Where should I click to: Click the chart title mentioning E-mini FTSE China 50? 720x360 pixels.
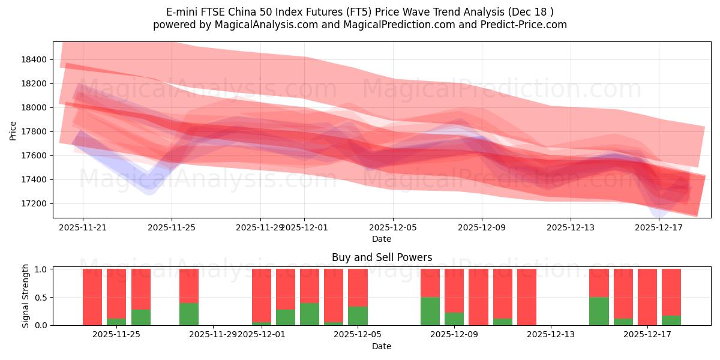pyautogui.click(x=360, y=12)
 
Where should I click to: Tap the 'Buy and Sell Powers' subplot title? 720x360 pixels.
pyautogui.click(x=382, y=257)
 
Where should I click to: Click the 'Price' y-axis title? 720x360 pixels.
pyautogui.click(x=13, y=130)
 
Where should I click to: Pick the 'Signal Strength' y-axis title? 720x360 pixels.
pyautogui.click(x=26, y=296)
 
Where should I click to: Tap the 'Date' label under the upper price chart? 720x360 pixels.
pyautogui.click(x=382, y=239)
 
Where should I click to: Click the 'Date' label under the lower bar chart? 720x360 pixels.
pyautogui.click(x=382, y=346)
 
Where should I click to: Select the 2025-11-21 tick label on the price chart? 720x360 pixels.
pyautogui.click(x=83, y=227)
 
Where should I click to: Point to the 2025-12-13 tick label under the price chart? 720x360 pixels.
pyautogui.click(x=570, y=227)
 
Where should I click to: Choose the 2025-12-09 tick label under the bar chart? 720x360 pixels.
pyautogui.click(x=454, y=334)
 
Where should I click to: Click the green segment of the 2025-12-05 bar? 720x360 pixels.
pyautogui.click(x=358, y=316)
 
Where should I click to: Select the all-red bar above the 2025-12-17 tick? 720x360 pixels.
pyautogui.click(x=647, y=297)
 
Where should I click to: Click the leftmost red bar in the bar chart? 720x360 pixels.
pyautogui.click(x=92, y=297)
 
